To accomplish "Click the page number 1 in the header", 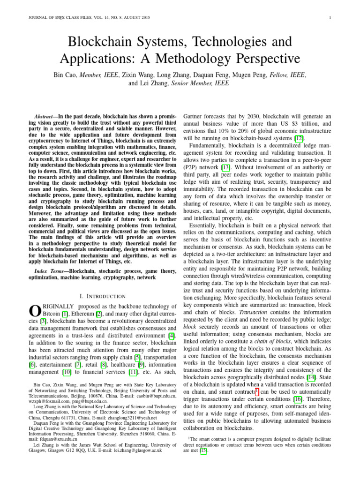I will pyautogui.click(x=331, y=18).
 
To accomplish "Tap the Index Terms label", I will pyautogui.click(x=51, y=270).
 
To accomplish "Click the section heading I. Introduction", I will pyautogui.click(x=103, y=296).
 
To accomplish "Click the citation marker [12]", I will pyautogui.click(x=299, y=138).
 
